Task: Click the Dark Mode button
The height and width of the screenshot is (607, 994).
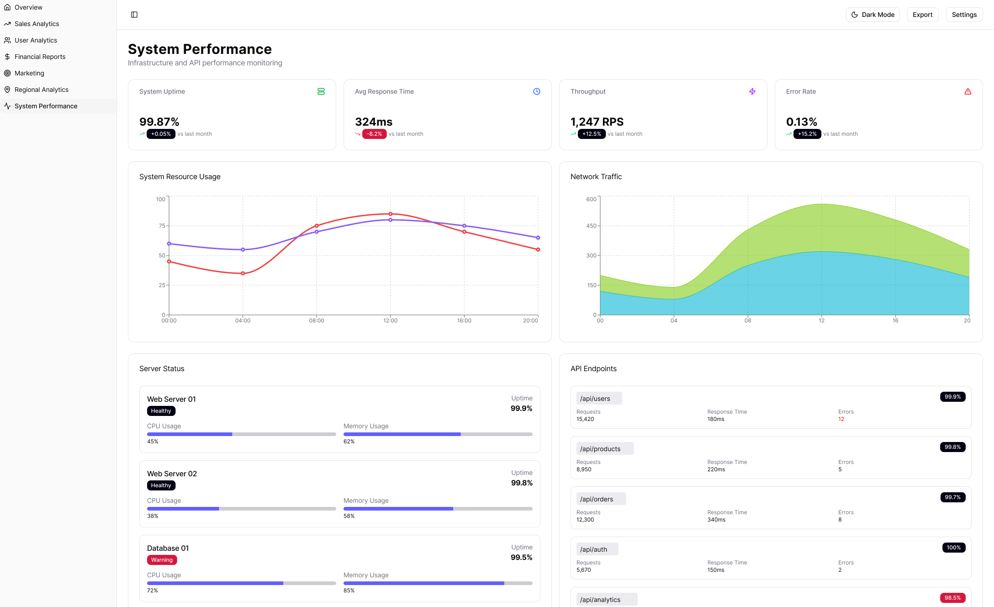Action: pos(872,15)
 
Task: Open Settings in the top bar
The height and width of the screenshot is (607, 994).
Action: pos(964,15)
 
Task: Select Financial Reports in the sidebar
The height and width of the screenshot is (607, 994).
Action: pos(40,57)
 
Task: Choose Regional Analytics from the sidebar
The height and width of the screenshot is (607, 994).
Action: pos(41,90)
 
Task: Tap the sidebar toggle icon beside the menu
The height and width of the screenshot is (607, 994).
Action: pos(134,15)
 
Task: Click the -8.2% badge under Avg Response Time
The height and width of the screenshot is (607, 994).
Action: pos(374,134)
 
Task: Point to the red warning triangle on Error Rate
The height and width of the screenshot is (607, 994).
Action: pos(968,91)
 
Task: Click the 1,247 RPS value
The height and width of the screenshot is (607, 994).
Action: pos(597,122)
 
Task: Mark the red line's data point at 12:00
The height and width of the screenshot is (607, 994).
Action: pos(390,214)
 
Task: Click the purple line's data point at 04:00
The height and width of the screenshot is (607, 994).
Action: pos(243,250)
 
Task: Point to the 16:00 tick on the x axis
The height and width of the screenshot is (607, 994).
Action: pos(464,320)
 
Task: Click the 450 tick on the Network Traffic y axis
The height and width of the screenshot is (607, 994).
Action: pos(591,226)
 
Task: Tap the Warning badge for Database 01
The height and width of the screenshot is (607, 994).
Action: pos(162,560)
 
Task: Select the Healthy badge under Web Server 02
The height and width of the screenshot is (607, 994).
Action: pos(161,485)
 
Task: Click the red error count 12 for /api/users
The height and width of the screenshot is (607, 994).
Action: pos(841,419)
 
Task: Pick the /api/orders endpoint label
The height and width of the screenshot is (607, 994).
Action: pos(597,499)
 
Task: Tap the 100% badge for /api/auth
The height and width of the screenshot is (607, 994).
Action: pos(953,548)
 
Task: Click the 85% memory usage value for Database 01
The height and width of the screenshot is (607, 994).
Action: pos(349,591)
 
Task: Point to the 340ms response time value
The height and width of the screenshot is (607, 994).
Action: pos(716,520)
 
